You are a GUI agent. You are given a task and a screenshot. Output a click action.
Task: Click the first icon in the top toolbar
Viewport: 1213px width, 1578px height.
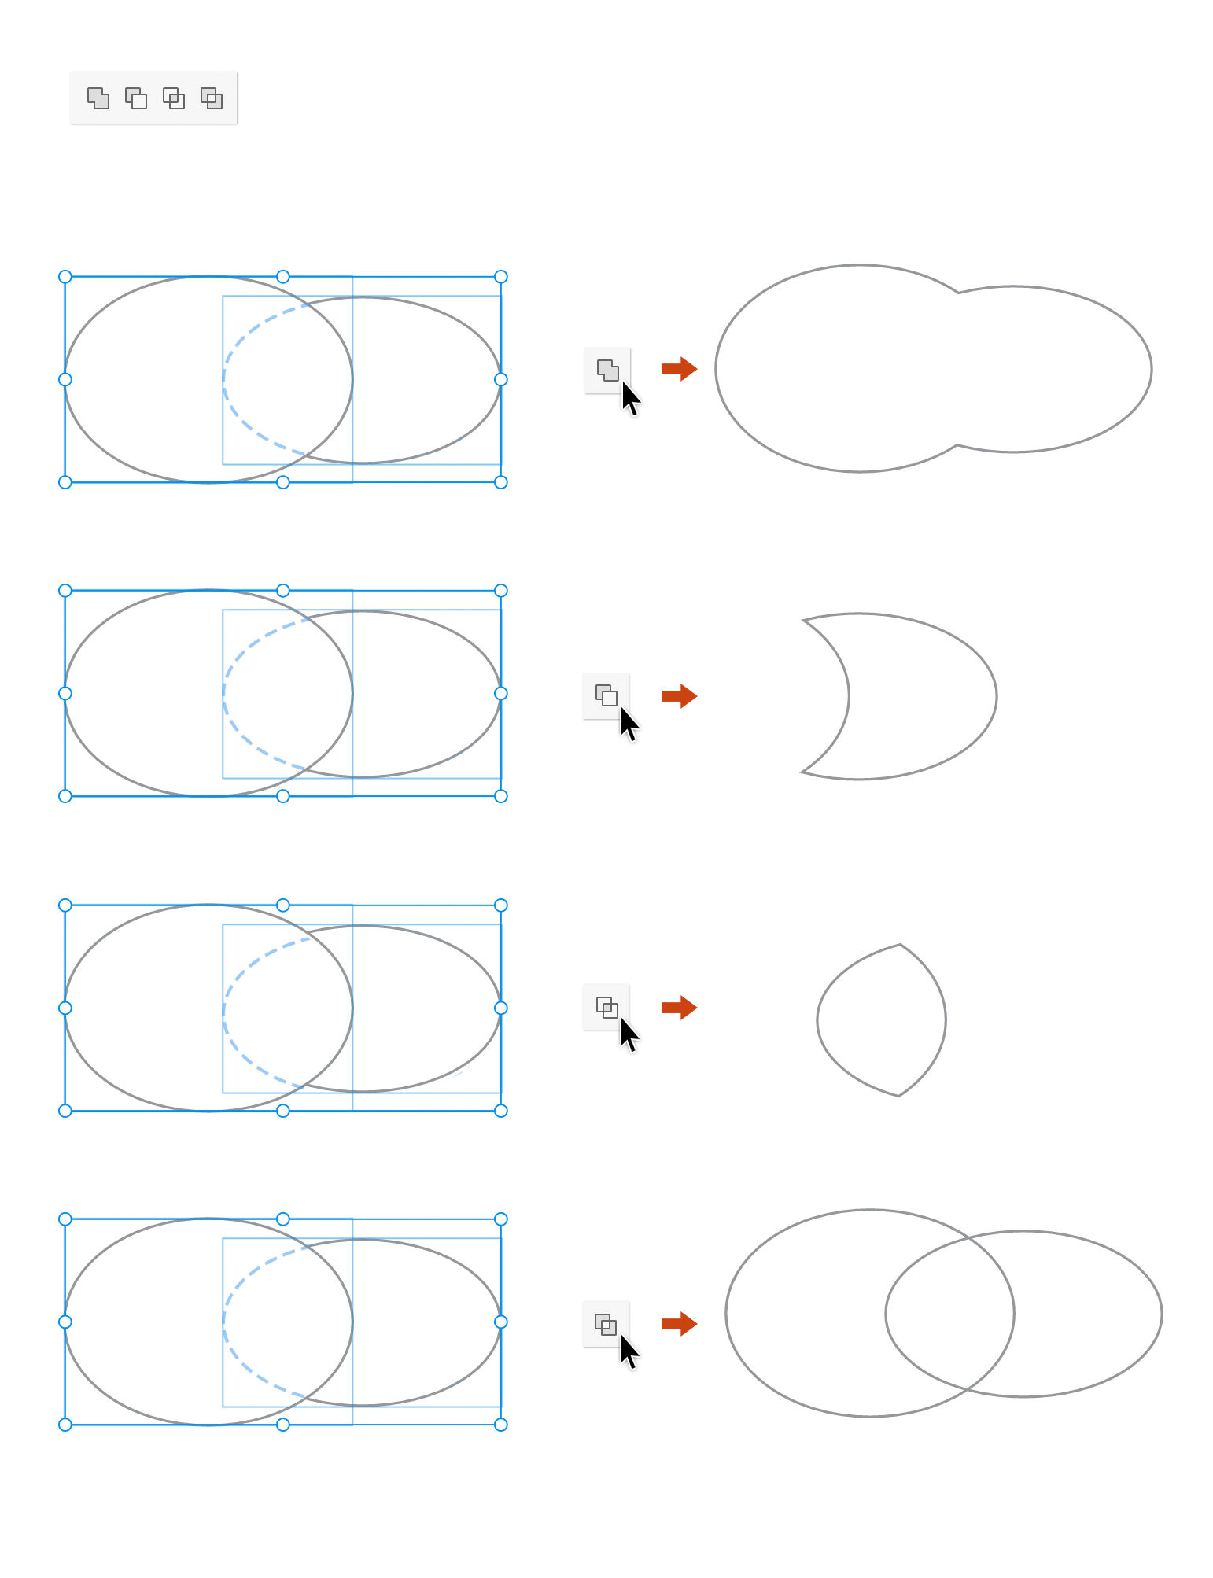[98, 98]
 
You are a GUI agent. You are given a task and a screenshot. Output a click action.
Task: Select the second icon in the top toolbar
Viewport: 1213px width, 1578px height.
[136, 98]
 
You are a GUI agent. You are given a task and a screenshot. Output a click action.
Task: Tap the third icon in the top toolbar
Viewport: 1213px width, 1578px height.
[174, 98]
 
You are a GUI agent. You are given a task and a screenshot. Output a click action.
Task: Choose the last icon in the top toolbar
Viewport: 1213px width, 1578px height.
[212, 98]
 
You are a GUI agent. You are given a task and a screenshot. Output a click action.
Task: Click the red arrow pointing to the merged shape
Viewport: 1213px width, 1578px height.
[679, 368]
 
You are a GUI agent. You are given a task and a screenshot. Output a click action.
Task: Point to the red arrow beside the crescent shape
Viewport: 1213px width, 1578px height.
[679, 695]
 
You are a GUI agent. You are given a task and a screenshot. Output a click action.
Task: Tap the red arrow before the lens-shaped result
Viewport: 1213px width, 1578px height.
[679, 1007]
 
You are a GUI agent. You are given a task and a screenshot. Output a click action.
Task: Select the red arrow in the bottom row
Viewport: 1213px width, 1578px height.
[679, 1323]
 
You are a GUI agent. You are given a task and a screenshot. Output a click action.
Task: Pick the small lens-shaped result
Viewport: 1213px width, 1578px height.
[881, 1019]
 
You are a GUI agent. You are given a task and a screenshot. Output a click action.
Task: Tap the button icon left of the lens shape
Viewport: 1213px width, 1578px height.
[606, 1007]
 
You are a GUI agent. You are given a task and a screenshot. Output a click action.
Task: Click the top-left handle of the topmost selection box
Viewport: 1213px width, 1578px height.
[65, 277]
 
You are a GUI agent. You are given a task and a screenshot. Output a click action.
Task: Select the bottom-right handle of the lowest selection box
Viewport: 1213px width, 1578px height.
[501, 1424]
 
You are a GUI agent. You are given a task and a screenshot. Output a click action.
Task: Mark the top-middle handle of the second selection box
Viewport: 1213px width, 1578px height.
[283, 591]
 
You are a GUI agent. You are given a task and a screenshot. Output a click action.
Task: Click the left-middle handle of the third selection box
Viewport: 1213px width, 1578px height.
[65, 1008]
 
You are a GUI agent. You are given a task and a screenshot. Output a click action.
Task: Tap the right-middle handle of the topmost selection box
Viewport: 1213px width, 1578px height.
[501, 380]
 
